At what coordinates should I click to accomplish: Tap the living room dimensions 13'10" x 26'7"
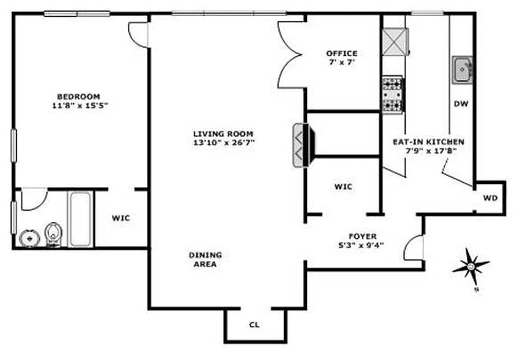tap(223, 143)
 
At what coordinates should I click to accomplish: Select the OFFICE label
tap(341, 54)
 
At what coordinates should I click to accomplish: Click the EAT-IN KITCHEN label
tap(428, 142)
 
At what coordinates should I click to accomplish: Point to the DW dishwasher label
tap(461, 104)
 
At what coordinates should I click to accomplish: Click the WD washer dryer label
tap(490, 198)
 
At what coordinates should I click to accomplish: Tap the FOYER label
tap(363, 236)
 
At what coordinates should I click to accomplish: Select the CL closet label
tap(254, 324)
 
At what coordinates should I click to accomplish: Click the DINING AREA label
tap(205, 260)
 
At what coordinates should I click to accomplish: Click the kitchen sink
tap(462, 70)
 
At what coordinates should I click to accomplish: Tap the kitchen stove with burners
tap(393, 94)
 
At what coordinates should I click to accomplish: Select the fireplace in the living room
tap(302, 145)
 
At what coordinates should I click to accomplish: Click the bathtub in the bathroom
tap(81, 219)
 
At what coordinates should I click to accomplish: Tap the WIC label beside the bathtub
tap(121, 218)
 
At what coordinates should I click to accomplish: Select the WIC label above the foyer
tap(343, 187)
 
